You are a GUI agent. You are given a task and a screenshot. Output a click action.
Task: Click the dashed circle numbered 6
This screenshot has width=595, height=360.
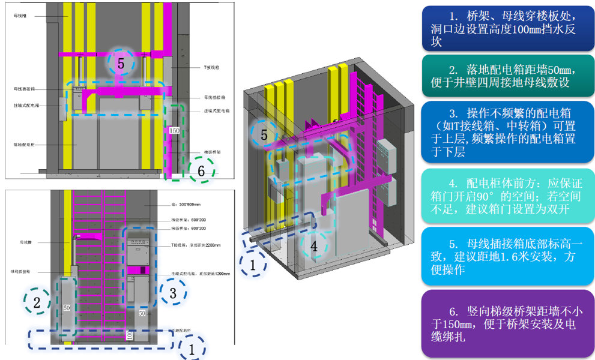click(x=202, y=171)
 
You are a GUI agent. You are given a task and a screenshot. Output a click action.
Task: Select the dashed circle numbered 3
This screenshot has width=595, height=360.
click(x=172, y=293)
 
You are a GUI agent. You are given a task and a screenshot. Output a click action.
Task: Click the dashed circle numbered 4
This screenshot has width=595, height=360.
click(x=314, y=245)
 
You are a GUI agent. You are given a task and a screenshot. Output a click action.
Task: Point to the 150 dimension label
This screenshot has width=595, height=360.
click(x=175, y=130)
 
